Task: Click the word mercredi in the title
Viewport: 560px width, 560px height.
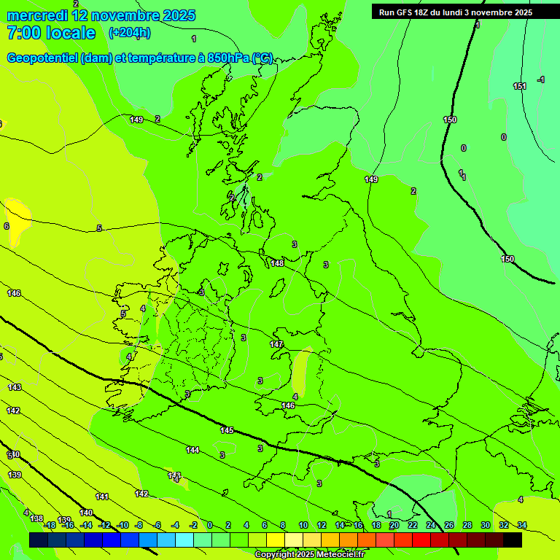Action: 37,15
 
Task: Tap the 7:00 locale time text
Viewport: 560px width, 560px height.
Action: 51,33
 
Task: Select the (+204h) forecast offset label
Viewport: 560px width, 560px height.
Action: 129,33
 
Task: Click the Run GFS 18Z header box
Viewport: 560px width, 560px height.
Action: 455,12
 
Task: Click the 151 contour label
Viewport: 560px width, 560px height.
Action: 519,86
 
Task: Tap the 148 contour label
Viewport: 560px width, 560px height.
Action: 277,263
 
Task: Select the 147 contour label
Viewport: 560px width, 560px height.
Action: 276,344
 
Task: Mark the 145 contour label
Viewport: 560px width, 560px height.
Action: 227,430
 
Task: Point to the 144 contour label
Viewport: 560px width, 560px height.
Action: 192,450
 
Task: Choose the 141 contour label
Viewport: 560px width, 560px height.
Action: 102,497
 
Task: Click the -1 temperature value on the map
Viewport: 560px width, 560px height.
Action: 540,79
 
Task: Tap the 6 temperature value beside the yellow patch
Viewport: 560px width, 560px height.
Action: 7,226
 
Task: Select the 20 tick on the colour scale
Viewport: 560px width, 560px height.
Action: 394,525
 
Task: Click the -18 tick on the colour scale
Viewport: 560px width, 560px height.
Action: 49,525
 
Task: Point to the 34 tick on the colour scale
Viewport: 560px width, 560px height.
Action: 521,525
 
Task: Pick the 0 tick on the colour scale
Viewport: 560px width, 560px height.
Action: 210,525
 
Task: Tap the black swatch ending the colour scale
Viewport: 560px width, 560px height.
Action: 513,540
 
